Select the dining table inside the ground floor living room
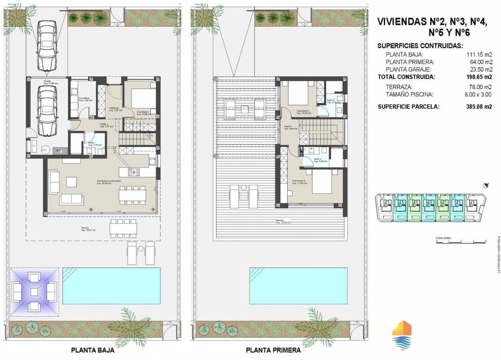click(x=133, y=195)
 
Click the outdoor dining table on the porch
click(x=123, y=228)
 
